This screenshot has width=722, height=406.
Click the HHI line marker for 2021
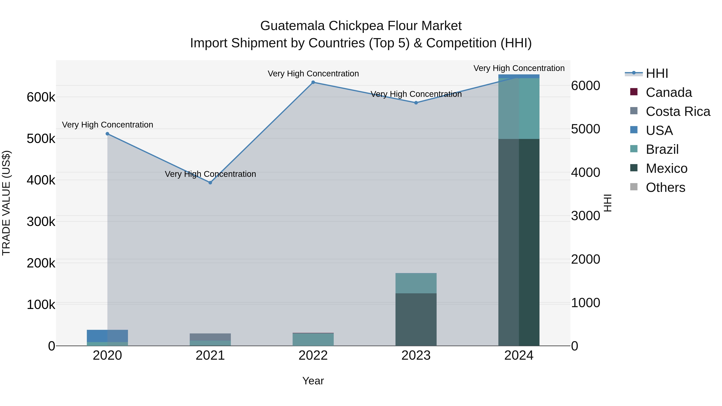[210, 183]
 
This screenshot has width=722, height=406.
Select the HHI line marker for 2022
[313, 82]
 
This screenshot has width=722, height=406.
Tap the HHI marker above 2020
[107, 134]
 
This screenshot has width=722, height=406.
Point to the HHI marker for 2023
[416, 103]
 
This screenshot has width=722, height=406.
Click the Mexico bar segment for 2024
[519, 242]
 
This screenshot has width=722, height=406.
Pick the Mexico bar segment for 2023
[416, 319]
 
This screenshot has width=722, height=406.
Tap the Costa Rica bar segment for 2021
[210, 337]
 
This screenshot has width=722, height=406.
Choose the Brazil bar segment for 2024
[519, 108]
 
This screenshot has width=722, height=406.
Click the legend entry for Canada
[668, 92]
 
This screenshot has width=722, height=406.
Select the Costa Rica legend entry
[677, 111]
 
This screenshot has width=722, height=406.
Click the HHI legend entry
[657, 73]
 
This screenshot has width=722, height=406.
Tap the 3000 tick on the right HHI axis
[585, 216]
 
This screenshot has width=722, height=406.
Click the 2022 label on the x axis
[313, 355]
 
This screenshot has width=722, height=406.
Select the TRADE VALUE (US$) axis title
[6, 203]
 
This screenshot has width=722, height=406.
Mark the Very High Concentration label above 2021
[210, 174]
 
